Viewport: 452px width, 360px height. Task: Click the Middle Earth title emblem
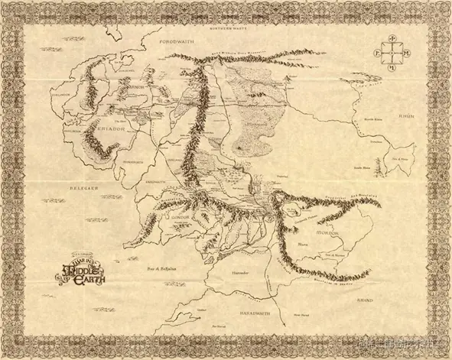[x=79, y=271]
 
